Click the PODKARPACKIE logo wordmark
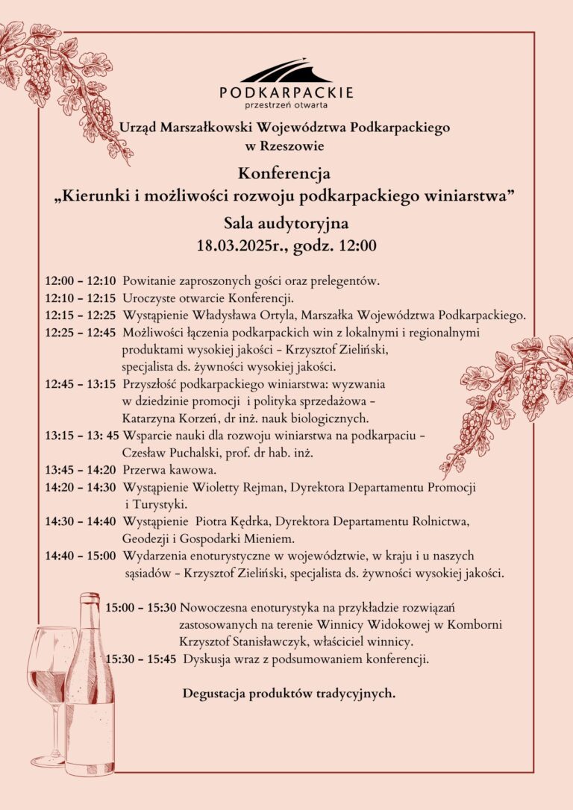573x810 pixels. [286, 92]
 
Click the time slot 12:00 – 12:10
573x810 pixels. [80, 281]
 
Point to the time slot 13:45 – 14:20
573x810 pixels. [80, 470]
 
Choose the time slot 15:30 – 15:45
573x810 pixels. [141, 659]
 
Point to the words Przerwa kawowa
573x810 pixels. [169, 470]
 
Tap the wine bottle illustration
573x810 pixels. [90, 686]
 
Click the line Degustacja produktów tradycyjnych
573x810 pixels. [289, 694]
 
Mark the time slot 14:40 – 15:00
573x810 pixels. [80, 556]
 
